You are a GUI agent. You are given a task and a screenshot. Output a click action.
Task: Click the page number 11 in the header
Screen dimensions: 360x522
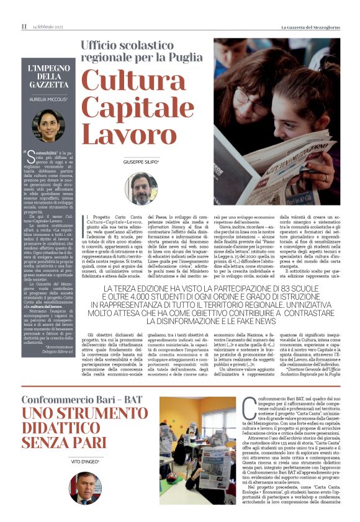click(x=24, y=27)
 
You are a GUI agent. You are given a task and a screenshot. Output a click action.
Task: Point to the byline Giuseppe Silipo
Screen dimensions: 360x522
click(x=142, y=161)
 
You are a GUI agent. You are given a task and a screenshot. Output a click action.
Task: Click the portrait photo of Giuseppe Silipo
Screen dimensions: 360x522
click(x=142, y=189)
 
